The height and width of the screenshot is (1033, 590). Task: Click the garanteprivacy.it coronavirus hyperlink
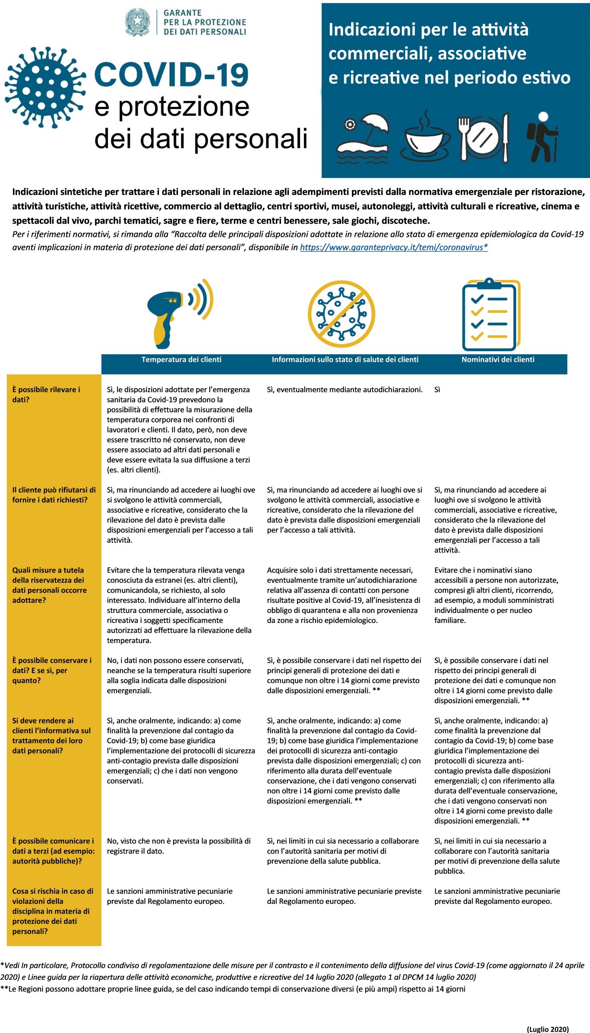[393, 247]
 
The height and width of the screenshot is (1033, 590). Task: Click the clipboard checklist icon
[491, 314]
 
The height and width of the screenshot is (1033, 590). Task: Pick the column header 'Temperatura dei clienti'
[181, 359]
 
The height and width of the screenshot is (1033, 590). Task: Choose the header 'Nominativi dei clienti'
[498, 359]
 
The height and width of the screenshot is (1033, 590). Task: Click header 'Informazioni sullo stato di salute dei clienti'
[345, 359]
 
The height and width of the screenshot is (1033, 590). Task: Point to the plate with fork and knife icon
[483, 137]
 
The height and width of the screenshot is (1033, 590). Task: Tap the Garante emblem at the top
[137, 22]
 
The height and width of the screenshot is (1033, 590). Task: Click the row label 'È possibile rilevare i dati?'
[46, 394]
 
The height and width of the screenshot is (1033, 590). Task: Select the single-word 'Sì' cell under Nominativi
[437, 390]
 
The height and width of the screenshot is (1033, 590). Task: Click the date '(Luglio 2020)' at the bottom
[548, 1026]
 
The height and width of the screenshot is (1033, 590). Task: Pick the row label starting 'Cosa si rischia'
[52, 910]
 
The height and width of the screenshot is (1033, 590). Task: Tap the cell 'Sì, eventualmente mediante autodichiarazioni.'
[345, 390]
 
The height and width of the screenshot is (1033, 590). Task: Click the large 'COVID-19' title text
[172, 75]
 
